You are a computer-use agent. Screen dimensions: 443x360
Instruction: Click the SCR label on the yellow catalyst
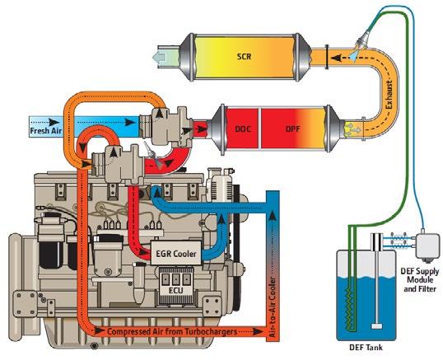[244, 57]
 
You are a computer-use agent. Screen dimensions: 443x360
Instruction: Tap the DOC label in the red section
[243, 129]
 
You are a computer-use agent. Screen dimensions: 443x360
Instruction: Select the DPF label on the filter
[292, 129]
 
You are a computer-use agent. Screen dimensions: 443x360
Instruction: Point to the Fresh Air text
[46, 131]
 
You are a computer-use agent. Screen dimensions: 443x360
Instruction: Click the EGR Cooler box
[176, 253]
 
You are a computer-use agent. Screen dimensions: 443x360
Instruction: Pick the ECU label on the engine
[175, 290]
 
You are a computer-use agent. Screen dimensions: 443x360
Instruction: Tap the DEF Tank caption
[366, 347]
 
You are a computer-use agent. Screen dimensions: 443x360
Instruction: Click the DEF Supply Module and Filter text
[420, 280]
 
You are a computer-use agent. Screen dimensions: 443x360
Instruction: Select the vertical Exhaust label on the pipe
[389, 95]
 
